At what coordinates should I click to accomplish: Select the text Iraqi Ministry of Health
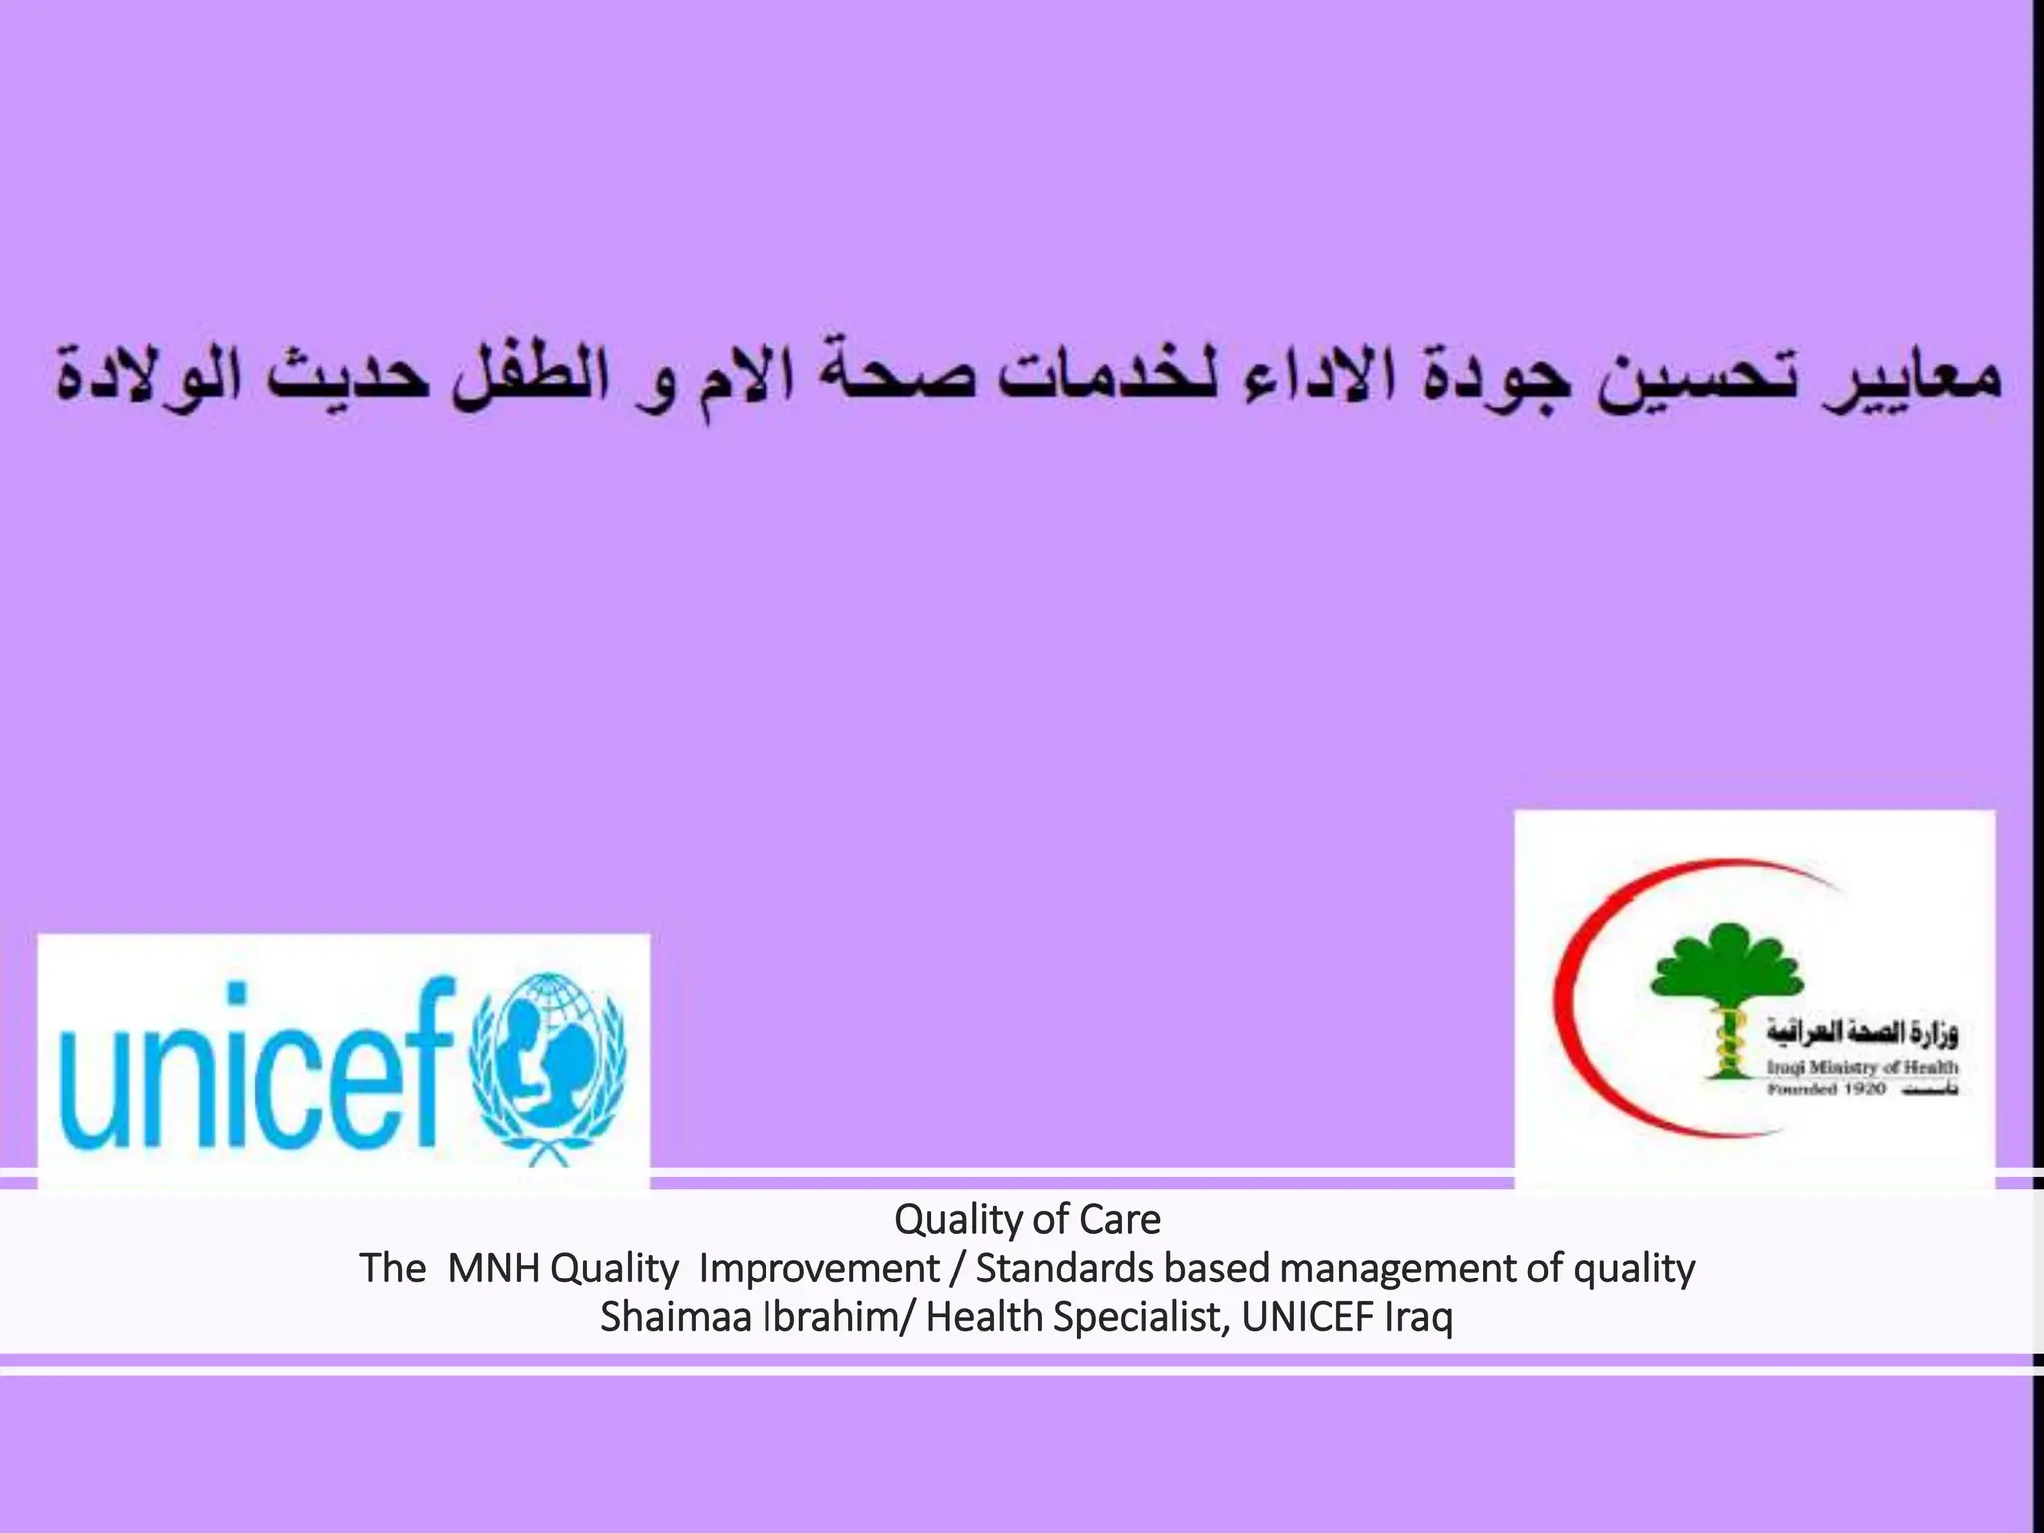[1861, 1067]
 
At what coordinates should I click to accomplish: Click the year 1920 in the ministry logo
[1863, 1088]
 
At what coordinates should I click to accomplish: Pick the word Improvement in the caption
[818, 1269]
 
